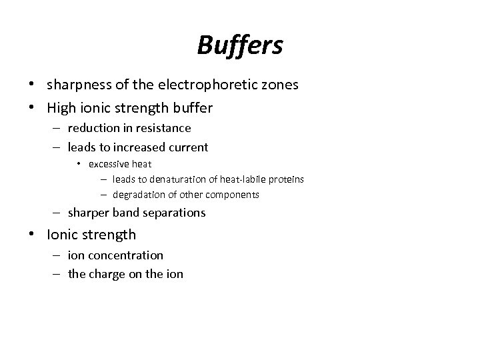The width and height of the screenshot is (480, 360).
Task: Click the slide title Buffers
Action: (240, 45)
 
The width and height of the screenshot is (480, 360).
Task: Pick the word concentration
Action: (129, 255)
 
